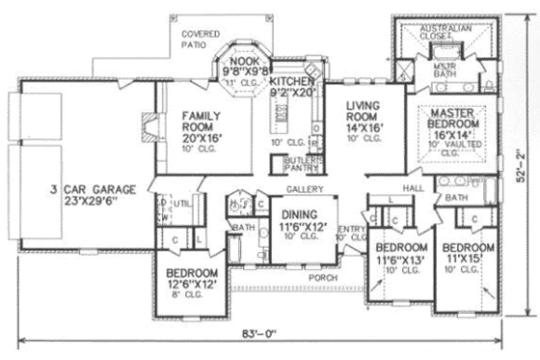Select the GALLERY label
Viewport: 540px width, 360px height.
302,188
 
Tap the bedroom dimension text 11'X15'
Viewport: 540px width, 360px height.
469,260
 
